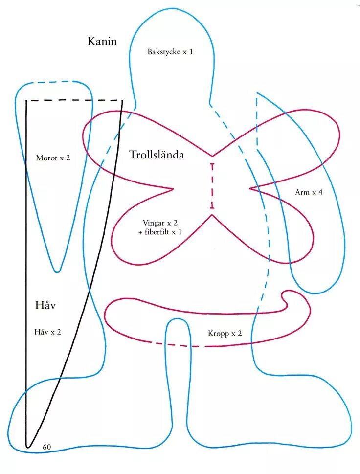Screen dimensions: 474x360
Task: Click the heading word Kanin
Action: tap(102, 41)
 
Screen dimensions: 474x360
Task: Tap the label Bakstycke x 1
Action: tap(170, 51)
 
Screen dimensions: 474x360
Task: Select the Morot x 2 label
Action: tap(53, 158)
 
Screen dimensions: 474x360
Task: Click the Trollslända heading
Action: tap(157, 155)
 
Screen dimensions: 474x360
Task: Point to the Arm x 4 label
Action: tap(309, 192)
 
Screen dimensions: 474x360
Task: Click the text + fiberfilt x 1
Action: tap(160, 232)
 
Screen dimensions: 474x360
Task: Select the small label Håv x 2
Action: tap(48, 332)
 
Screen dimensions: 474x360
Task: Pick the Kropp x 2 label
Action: tap(225, 334)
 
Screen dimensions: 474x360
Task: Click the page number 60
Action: tap(47, 447)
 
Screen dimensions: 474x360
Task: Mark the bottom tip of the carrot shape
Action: tap(58, 271)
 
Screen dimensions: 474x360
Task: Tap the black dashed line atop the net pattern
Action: tap(73, 101)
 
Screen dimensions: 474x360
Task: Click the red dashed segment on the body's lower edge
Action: tap(174, 345)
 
